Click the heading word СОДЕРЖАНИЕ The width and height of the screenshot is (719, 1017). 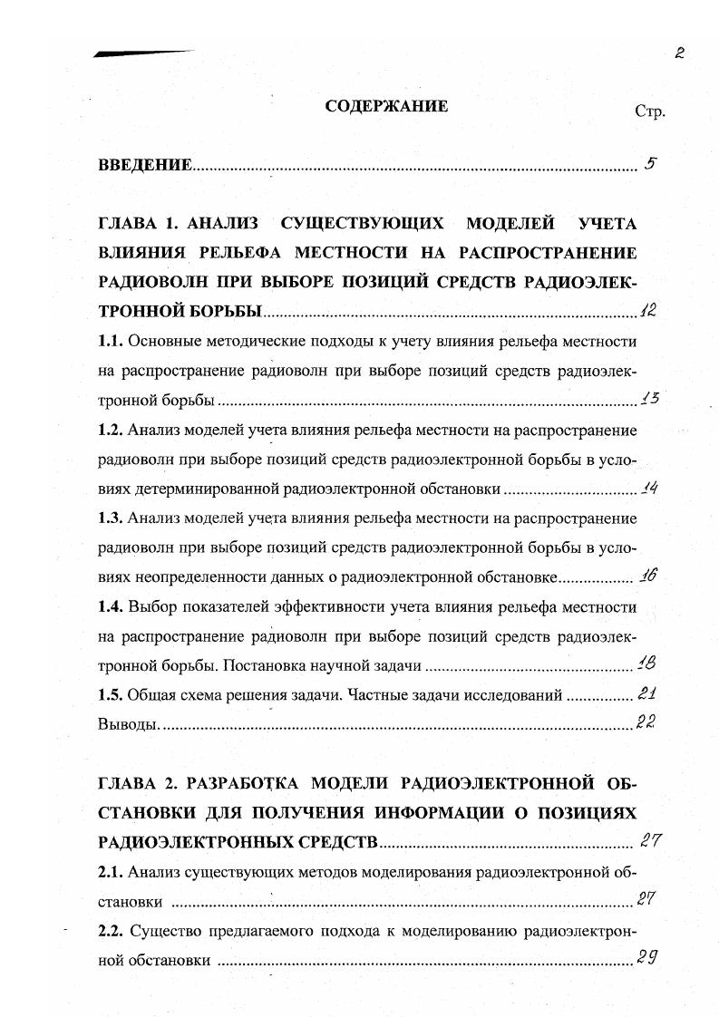pos(386,107)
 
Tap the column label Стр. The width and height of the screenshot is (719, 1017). pos(650,112)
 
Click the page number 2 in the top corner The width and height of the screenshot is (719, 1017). pos(679,53)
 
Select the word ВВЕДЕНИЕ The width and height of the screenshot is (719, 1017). pos(145,165)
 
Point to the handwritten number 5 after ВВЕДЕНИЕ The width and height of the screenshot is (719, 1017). pos(650,164)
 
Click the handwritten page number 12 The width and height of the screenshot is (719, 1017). pos(646,310)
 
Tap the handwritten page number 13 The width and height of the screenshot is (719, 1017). pos(649,398)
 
